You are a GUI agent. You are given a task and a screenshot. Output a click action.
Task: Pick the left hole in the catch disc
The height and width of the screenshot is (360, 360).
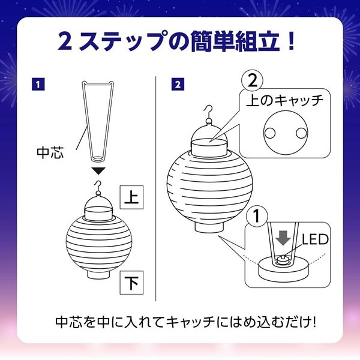tap(269, 131)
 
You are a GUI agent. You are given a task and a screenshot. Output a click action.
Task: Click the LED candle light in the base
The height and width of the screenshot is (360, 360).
tap(283, 260)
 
